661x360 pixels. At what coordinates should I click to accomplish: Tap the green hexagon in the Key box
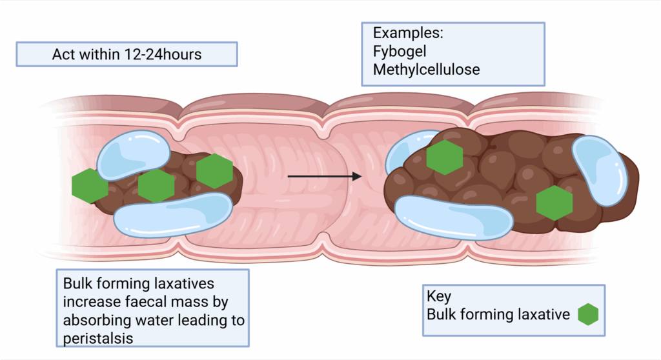(588, 314)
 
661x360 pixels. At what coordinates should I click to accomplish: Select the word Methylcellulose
(427, 69)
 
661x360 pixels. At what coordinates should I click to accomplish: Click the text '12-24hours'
(163, 54)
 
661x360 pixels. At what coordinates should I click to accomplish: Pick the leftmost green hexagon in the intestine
(90, 186)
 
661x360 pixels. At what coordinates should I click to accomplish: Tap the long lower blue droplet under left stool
(173, 213)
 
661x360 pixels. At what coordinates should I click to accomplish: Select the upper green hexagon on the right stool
(445, 157)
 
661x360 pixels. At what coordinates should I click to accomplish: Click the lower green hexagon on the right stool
(554, 202)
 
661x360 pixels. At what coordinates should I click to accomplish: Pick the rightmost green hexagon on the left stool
(214, 171)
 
